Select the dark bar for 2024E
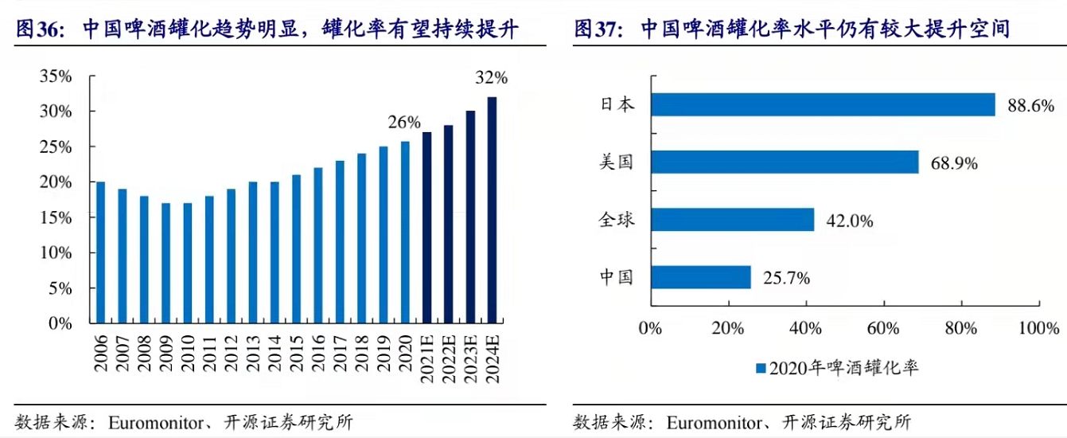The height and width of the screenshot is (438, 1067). (x=492, y=210)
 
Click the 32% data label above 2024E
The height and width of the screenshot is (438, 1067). (x=491, y=78)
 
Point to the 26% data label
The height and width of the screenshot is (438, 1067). (x=403, y=123)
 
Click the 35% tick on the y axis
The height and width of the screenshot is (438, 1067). (x=56, y=76)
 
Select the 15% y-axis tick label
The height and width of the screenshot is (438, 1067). (x=56, y=217)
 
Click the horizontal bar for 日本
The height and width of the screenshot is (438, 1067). (x=823, y=104)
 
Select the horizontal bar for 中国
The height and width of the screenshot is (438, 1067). (x=701, y=277)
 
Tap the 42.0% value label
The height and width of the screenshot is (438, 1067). (x=847, y=221)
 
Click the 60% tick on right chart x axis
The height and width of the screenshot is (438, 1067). (x=883, y=328)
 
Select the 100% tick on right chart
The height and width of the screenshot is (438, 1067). (x=1038, y=328)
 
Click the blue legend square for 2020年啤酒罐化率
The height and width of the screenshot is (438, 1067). (x=760, y=369)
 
